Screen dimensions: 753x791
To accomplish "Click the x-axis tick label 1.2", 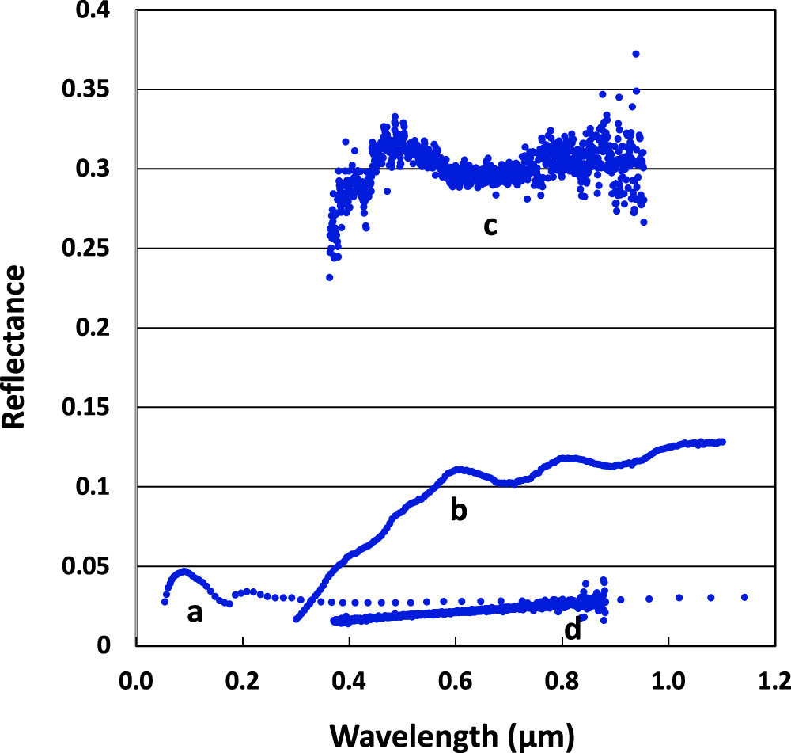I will point(774,680).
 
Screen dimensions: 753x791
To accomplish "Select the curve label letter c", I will point(490,225).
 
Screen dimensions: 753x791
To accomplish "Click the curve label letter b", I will point(459,510).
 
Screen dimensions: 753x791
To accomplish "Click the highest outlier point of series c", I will point(636,54).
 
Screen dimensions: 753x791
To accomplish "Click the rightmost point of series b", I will point(722,442).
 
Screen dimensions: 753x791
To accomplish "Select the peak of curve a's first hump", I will point(184,571).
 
